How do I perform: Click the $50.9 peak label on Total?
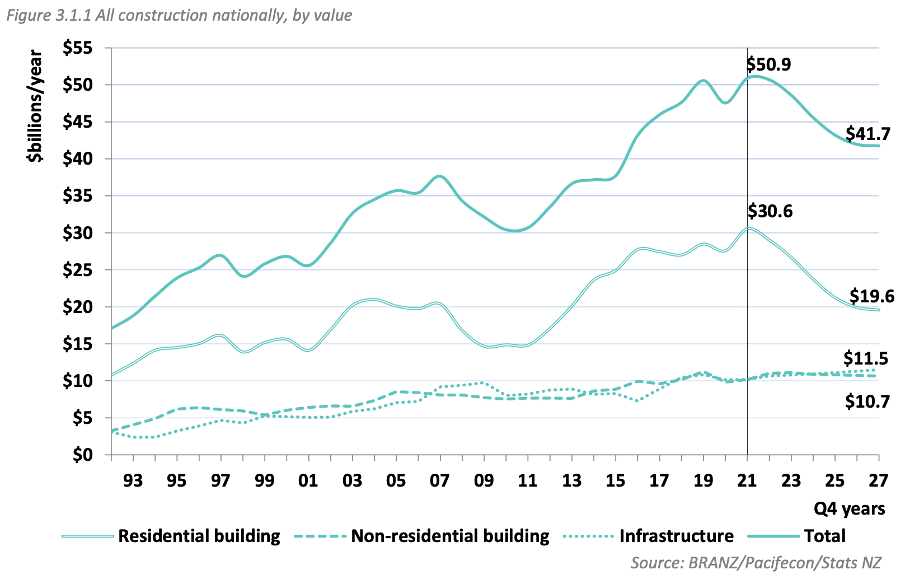[769, 64]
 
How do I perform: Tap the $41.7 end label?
[868, 134]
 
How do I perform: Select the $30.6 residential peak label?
[770, 211]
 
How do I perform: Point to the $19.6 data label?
[872, 296]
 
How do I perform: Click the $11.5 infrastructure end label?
[866, 358]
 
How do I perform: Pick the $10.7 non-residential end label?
[867, 401]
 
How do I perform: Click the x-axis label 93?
[133, 480]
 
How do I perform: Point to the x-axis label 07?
[440, 480]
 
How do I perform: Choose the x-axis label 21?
[747, 480]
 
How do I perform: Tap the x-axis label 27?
[879, 480]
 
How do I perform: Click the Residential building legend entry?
[199, 536]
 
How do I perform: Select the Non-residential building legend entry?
[450, 536]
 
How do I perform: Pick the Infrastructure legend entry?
[676, 536]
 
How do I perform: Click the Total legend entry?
[824, 536]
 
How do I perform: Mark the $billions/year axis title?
[35, 106]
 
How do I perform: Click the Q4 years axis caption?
[850, 508]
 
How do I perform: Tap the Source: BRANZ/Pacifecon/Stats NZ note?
[756, 562]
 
